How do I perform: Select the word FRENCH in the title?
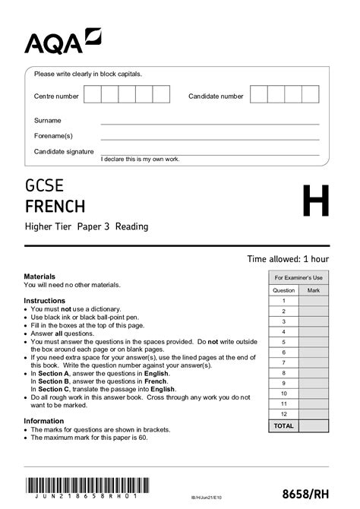[x=55, y=206]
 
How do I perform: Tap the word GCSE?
[x=45, y=185]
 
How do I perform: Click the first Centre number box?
[x=92, y=94]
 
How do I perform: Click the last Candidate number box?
[x=310, y=94]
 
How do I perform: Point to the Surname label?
[x=47, y=121]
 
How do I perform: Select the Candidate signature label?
[x=64, y=151]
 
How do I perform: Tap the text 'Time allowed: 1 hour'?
[x=288, y=259]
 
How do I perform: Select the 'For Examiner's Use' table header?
[x=298, y=278]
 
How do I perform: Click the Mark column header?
[x=314, y=290]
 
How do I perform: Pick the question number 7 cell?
[x=283, y=363]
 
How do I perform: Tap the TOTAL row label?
[x=283, y=426]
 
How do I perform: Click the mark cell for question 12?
[x=314, y=415]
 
